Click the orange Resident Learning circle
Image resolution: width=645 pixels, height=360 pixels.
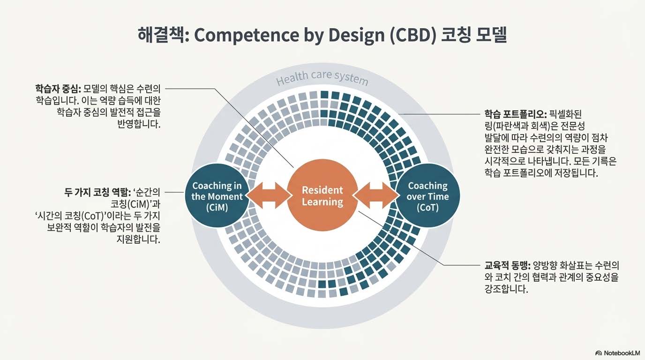pyautogui.click(x=322, y=196)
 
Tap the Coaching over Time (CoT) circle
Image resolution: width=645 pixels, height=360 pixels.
pyautogui.click(x=427, y=196)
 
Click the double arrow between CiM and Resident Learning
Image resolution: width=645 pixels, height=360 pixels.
pyautogui.click(x=268, y=195)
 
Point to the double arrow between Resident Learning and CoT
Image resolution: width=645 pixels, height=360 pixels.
pyautogui.click(x=375, y=195)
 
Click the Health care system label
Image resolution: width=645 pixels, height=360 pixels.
pyautogui.click(x=322, y=78)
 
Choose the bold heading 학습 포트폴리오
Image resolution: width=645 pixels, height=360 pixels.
pyautogui.click(x=515, y=114)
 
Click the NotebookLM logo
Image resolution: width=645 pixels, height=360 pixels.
pyautogui.click(x=617, y=352)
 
